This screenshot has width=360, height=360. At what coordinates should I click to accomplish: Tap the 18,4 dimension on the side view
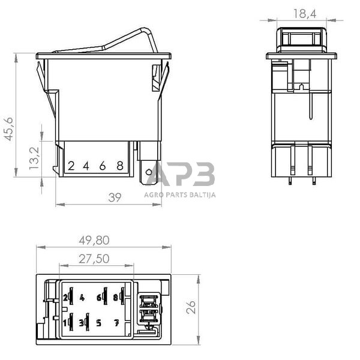coord(305,12)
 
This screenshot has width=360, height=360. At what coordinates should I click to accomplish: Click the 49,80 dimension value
coord(95,240)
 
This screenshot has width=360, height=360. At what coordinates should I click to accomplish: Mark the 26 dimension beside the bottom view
coord(190,307)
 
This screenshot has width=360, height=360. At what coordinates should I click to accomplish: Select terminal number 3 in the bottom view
coord(81,323)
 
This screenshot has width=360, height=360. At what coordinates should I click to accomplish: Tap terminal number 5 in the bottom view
coord(98,323)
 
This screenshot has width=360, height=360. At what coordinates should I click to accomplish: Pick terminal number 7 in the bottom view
coord(116,323)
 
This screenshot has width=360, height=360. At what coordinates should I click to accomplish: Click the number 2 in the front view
coord(70,166)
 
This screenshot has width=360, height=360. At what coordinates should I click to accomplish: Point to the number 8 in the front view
coord(120,166)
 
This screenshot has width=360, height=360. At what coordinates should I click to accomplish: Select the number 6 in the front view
coord(103,166)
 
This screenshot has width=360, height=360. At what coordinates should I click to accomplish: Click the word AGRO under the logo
coord(154,194)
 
